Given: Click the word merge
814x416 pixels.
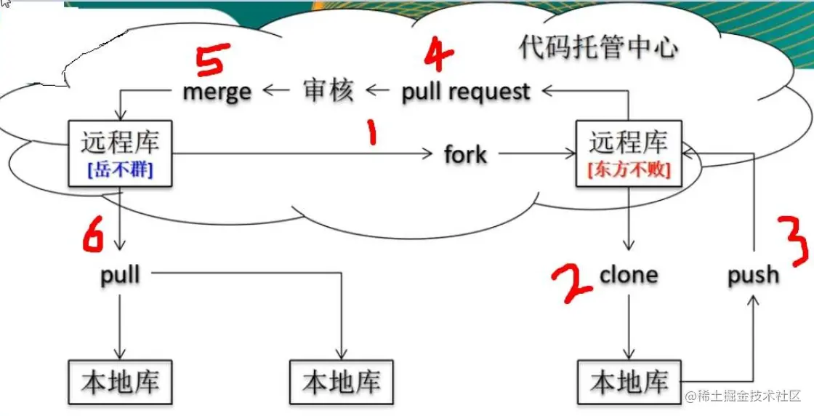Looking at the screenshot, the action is (217, 92).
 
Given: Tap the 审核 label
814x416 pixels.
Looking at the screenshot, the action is (328, 92).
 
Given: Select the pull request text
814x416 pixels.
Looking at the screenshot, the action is (466, 92).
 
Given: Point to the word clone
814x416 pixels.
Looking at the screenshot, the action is (629, 275).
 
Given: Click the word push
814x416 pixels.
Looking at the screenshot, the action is (754, 275).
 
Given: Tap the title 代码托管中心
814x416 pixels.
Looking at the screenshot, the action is (598, 48).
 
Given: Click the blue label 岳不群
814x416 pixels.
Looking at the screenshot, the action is (121, 171).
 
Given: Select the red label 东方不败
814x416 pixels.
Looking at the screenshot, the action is (629, 170).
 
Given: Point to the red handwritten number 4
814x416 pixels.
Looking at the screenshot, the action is (438, 55).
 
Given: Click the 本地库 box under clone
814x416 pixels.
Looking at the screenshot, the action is (629, 383).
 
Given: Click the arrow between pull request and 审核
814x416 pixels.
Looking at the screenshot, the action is (378, 92).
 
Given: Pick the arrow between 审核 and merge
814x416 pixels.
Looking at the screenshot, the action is (275, 92).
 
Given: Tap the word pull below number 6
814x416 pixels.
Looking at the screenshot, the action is (120, 275).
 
